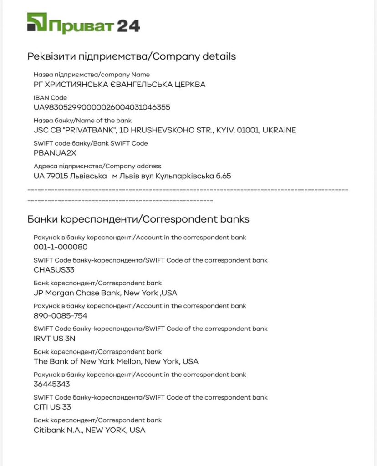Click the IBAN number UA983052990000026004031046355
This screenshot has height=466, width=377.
102,107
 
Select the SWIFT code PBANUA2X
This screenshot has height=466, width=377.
55,153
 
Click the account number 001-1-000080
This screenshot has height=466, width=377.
61,247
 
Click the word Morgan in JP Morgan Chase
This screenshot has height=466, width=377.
61,293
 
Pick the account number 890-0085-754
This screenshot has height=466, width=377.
61,315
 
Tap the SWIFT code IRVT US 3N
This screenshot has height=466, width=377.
55,339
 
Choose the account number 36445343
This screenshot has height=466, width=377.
52,384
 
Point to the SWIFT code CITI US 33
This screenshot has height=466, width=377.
52,407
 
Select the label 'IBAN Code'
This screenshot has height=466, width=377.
50,97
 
